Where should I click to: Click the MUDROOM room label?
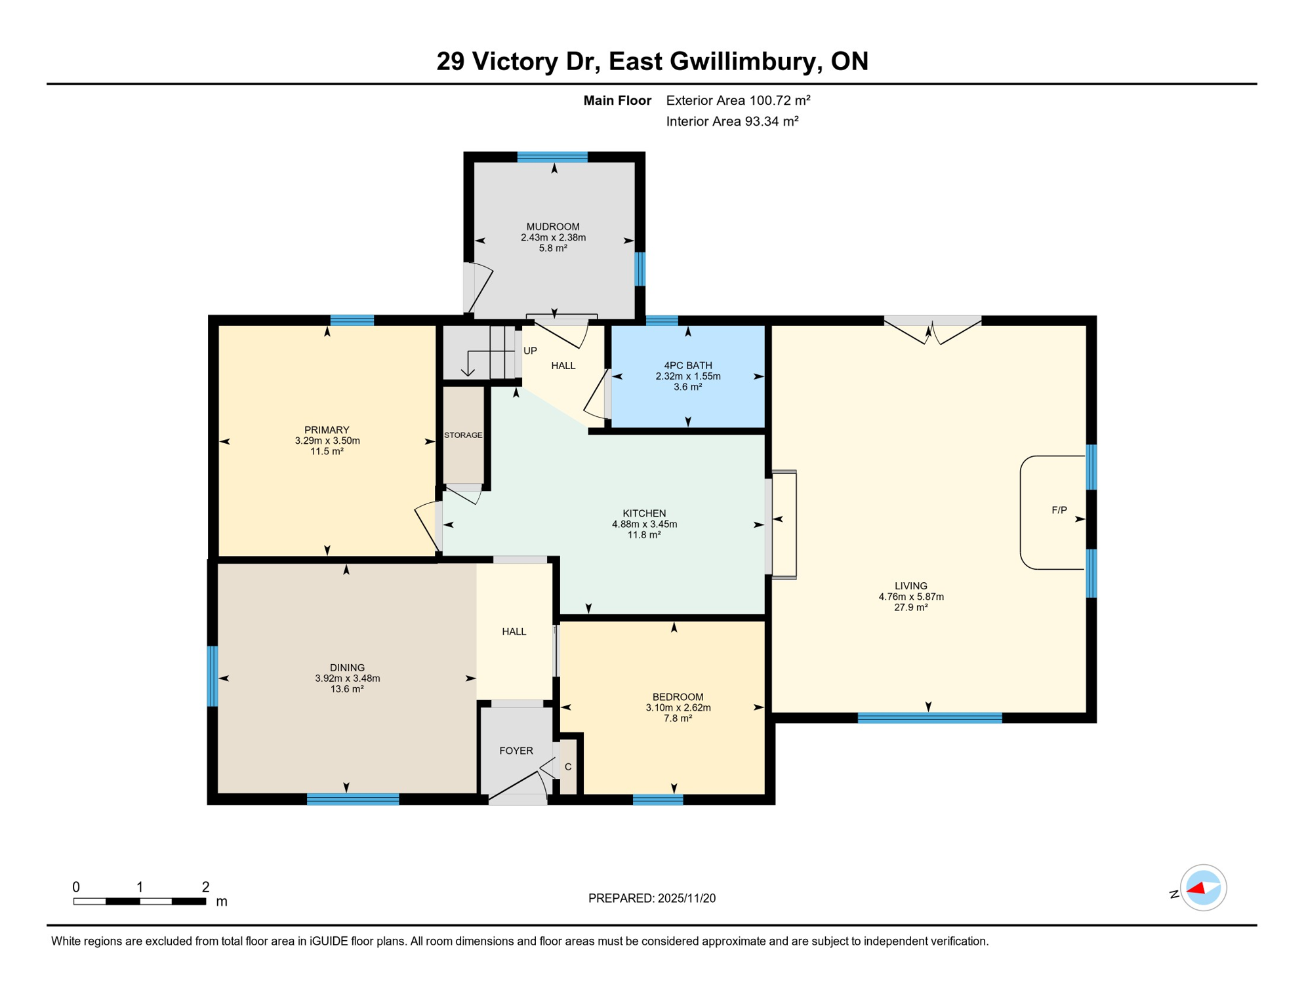pos(553,227)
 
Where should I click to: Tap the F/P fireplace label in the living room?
pos(1059,510)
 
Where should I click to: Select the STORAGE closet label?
pos(463,435)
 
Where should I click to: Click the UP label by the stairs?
pos(530,351)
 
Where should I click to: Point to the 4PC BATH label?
pos(687,365)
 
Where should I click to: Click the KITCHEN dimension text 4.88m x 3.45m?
pos(644,524)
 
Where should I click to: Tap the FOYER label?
pos(516,751)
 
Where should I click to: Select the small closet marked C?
pos(568,766)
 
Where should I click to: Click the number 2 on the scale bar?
pos(205,887)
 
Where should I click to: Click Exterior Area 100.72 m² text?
pos(738,100)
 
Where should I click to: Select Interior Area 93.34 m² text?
pos(732,121)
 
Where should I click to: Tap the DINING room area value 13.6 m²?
pos(347,689)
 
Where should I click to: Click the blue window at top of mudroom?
pos(552,157)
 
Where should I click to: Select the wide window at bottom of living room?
pos(929,718)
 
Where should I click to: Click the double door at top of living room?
pos(932,321)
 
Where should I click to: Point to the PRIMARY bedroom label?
pos(327,430)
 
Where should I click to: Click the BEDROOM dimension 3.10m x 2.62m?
pos(678,707)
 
